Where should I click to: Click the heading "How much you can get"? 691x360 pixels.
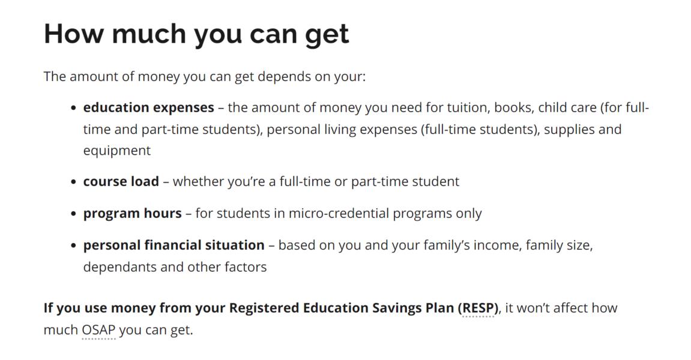(x=196, y=34)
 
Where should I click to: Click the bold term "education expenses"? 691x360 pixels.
(x=148, y=108)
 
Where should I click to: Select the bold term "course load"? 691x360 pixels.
(x=121, y=182)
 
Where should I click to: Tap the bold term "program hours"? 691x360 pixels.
(x=132, y=214)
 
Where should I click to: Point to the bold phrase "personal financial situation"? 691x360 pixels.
(x=174, y=245)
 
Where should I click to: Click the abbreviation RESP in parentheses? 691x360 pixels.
(x=478, y=308)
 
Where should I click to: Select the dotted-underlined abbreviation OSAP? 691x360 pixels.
(x=98, y=330)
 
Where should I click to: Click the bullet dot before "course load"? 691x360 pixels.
(x=73, y=182)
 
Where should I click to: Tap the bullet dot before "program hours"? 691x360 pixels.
(x=73, y=214)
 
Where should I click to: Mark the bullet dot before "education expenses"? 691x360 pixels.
(x=73, y=108)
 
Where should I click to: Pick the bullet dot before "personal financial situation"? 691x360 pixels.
(x=73, y=245)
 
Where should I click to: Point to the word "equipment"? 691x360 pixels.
(x=117, y=151)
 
